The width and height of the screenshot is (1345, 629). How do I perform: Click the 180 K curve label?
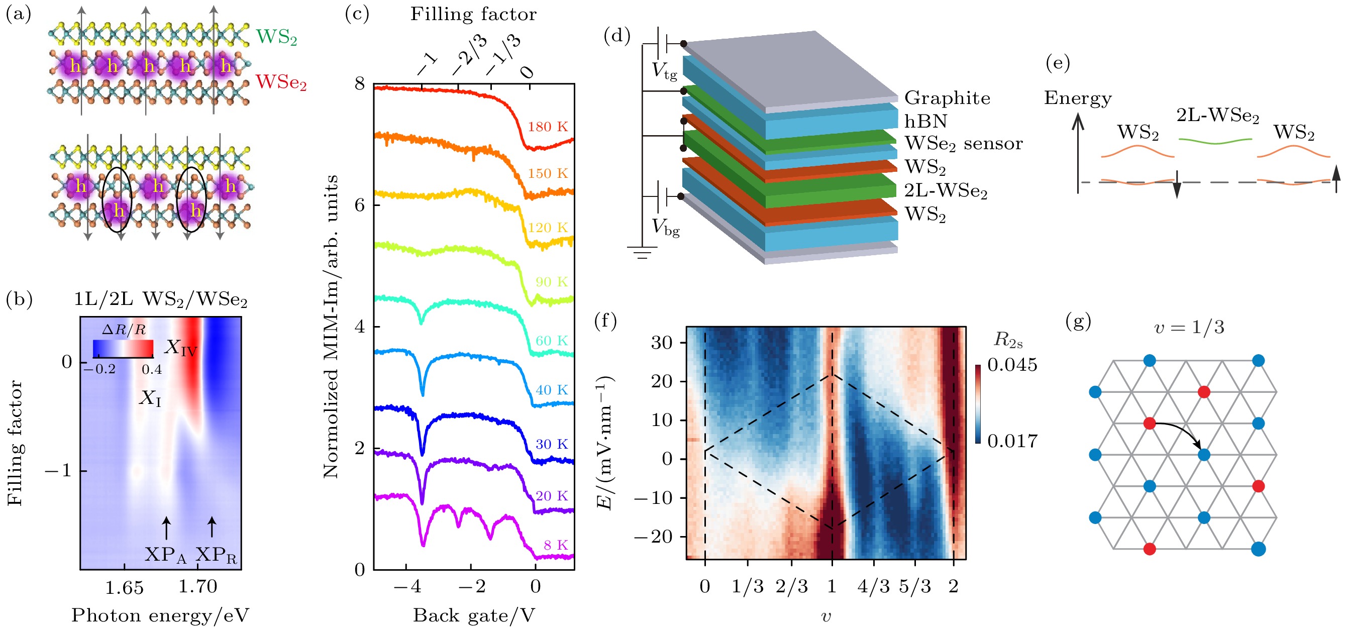pos(547,127)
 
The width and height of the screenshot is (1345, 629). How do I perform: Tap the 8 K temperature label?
pos(556,545)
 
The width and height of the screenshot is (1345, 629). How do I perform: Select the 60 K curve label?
pos(551,341)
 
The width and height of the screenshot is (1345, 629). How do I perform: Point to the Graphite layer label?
pos(947,98)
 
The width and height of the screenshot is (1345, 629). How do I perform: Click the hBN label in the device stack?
pos(926,121)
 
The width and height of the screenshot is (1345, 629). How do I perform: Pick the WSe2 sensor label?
pos(963,144)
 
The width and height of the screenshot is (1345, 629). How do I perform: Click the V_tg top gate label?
pos(664,71)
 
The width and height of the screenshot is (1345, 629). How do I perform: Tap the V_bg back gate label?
pos(665,227)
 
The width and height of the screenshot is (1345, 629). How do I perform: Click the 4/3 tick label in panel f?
pos(873,586)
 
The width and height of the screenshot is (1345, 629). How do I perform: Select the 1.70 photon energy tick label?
pos(197,587)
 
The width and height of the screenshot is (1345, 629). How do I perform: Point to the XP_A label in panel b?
pos(165,555)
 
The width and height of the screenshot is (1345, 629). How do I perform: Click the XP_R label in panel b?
pos(216,555)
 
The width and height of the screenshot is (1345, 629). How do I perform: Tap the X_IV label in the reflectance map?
pos(181,348)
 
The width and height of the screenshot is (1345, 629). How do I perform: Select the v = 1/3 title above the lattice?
pos(1189,327)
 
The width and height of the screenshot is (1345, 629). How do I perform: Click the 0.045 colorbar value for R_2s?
pos(1012,365)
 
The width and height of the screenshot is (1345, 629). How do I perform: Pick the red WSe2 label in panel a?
pos(281,82)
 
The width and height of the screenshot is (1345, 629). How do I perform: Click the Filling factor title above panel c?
pos(473,14)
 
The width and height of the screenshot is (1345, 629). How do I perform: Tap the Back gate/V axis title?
pos(474,615)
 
